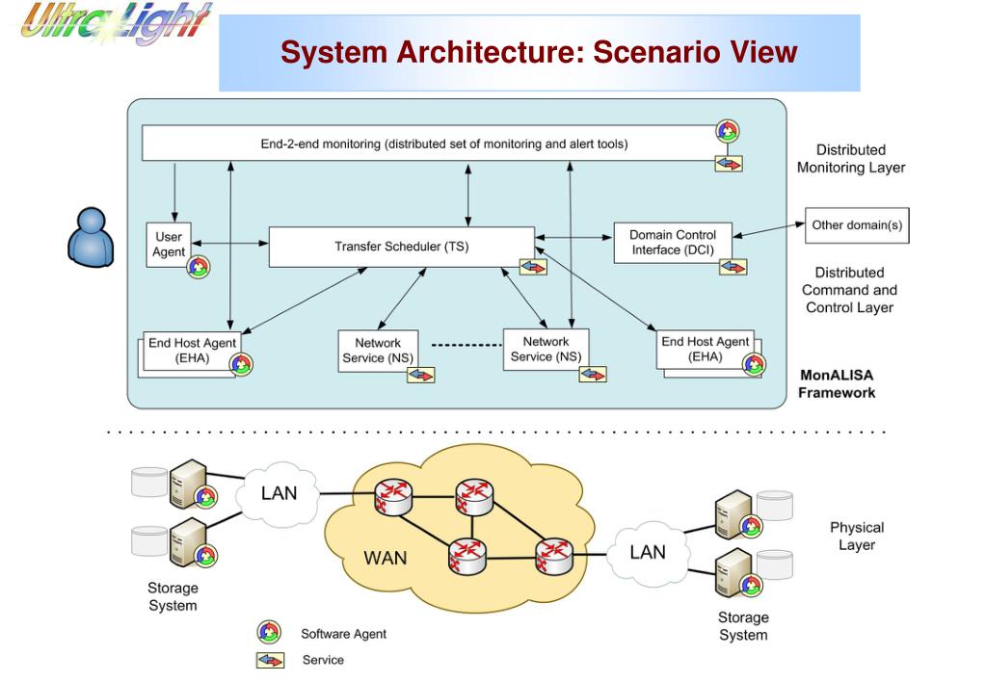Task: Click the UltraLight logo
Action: point(114,23)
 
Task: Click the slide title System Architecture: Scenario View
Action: point(539,51)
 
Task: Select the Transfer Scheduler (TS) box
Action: point(401,247)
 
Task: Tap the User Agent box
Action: point(169,244)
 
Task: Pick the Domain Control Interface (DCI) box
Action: point(672,243)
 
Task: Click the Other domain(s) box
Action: point(857,225)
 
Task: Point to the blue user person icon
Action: point(91,237)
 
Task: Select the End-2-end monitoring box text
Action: point(443,144)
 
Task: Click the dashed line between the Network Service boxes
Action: point(466,344)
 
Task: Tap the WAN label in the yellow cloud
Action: point(385,557)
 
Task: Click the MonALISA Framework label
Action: point(837,383)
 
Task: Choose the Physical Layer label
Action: point(856,536)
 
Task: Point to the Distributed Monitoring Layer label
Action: point(850,159)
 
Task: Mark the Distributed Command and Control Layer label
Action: point(849,290)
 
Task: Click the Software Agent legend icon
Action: point(269,633)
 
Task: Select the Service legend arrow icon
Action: point(270,660)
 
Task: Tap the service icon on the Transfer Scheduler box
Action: point(533,266)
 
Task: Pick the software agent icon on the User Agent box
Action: point(198,267)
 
